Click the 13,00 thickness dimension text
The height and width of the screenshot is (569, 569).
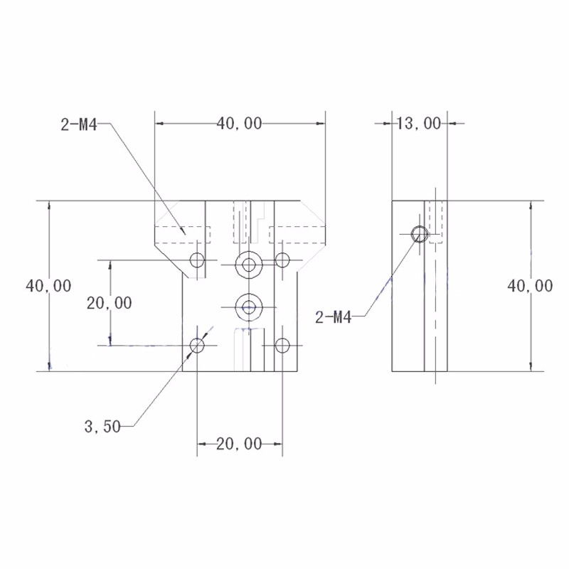tap(419, 123)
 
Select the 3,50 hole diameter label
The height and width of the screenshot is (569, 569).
tap(102, 426)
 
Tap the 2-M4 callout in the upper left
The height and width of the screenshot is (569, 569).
tap(79, 125)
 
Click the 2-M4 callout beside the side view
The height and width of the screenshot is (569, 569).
tap(334, 318)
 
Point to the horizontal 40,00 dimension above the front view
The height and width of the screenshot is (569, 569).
tap(239, 124)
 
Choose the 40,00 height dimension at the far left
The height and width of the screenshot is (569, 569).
tap(48, 286)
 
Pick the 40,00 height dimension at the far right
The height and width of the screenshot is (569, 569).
tap(530, 287)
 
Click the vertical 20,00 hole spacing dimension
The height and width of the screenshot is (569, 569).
tap(110, 303)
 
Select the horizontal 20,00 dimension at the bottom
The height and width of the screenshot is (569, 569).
tap(239, 444)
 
